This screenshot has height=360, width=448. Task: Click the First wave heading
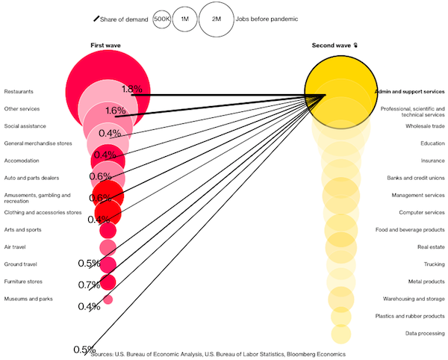(105, 46)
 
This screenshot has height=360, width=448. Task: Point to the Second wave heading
(331, 46)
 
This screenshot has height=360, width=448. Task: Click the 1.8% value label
(132, 89)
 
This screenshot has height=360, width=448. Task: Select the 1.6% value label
(116, 111)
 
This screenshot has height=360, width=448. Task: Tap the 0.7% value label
(89, 285)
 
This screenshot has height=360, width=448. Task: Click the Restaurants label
(19, 92)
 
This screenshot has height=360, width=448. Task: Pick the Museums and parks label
(28, 299)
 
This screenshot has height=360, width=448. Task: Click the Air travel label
(15, 247)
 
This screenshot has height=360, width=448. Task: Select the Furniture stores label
(23, 282)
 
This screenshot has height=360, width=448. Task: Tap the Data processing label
(425, 333)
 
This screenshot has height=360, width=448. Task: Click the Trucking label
(435, 264)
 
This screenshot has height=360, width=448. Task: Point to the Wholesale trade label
(425, 126)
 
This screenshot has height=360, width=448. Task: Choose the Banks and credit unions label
(416, 178)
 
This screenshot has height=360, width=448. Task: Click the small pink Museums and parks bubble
(108, 300)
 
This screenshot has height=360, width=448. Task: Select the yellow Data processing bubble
(341, 334)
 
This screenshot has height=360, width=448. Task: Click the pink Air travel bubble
(108, 247)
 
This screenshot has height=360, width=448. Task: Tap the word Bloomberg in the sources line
(299, 354)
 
